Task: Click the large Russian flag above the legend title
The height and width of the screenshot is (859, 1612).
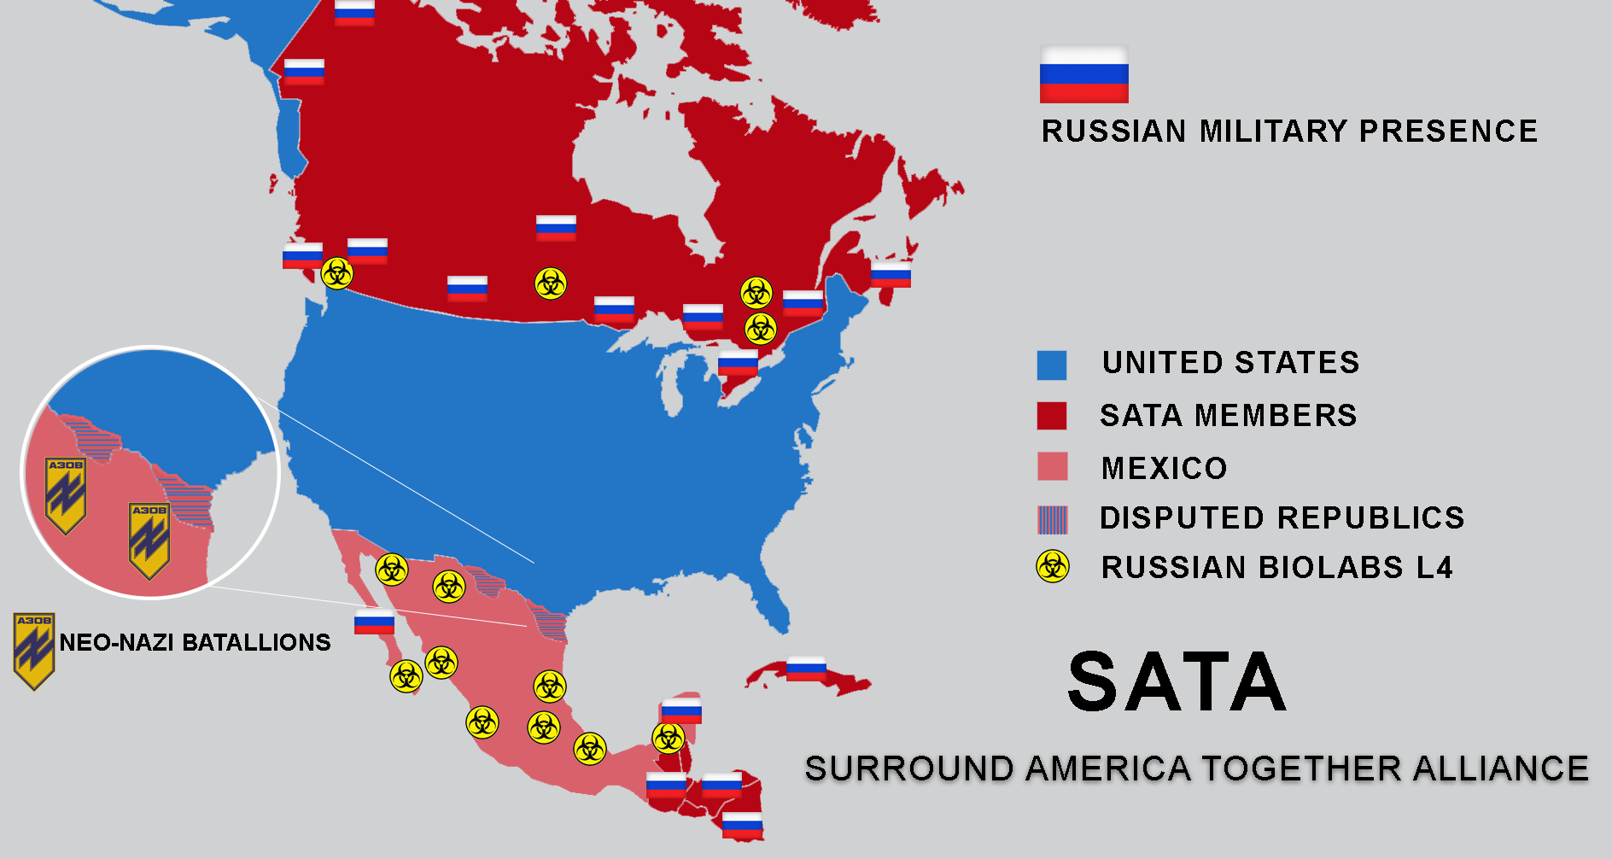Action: (x=1083, y=74)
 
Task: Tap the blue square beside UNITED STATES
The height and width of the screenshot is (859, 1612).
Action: (x=1051, y=365)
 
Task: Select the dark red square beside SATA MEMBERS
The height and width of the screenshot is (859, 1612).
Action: (x=1051, y=416)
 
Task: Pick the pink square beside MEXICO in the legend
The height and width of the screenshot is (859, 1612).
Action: (x=1052, y=467)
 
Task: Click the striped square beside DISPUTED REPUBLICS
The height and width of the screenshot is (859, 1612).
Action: (x=1052, y=519)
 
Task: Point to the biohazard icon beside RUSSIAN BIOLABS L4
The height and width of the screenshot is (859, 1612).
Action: (x=1052, y=566)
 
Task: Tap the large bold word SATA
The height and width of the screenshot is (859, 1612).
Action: (x=1177, y=682)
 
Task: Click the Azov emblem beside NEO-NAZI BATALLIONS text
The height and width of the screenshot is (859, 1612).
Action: (x=34, y=651)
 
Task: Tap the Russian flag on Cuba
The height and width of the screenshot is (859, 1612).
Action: (x=806, y=668)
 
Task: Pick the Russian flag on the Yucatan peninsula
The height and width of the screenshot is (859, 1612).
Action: (x=681, y=710)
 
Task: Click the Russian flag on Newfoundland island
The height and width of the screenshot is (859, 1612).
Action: (x=891, y=275)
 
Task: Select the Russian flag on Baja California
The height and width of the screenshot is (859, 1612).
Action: (x=374, y=622)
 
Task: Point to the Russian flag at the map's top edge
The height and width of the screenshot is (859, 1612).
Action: (x=354, y=13)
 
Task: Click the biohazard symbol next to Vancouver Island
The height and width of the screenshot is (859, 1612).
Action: (x=337, y=274)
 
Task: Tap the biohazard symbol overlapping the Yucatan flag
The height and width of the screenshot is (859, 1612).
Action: (x=669, y=737)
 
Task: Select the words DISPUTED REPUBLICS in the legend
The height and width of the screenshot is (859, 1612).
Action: (x=1282, y=518)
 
